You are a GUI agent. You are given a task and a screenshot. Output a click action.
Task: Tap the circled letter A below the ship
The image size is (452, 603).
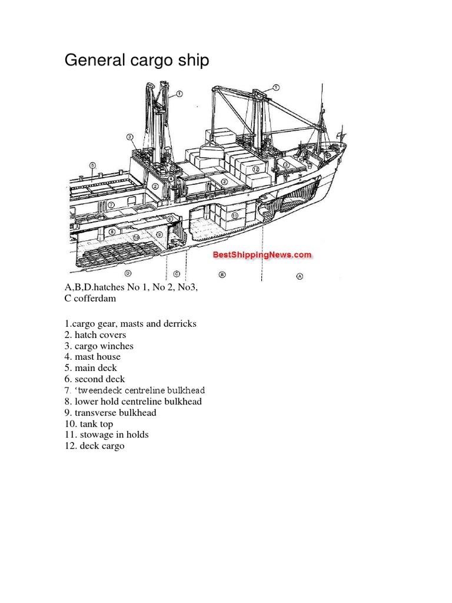(x=300, y=276)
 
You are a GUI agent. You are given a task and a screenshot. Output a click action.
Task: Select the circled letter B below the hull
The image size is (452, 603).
(x=222, y=274)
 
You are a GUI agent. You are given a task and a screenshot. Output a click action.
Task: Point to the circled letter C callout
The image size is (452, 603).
(x=177, y=274)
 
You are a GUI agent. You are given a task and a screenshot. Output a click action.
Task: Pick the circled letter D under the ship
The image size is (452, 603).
(x=128, y=273)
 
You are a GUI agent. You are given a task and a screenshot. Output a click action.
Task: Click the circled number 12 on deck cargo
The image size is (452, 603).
(x=255, y=169)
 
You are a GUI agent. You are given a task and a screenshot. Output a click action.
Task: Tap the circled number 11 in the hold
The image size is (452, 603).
(x=235, y=216)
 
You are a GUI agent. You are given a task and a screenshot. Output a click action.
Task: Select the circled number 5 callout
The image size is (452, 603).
(x=92, y=165)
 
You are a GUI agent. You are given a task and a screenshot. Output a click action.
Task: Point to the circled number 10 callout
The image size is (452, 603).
(x=136, y=237)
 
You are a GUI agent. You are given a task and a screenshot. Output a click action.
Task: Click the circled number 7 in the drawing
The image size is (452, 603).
(x=111, y=205)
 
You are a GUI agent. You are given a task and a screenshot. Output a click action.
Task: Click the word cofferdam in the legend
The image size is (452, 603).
(x=94, y=299)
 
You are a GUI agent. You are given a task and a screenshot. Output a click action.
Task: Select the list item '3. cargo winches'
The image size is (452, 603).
(x=99, y=346)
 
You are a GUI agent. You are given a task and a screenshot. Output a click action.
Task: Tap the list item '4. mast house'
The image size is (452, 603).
(x=92, y=357)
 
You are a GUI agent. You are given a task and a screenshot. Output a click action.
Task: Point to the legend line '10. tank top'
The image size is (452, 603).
(x=89, y=424)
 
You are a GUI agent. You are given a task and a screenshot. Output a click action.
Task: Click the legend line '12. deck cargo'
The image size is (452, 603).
(x=95, y=446)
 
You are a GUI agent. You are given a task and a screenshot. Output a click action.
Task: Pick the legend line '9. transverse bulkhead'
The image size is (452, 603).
(x=111, y=413)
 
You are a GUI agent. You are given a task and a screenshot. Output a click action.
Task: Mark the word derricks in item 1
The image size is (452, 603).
(x=179, y=324)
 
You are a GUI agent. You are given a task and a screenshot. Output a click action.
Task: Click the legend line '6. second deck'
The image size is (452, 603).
(x=95, y=379)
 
